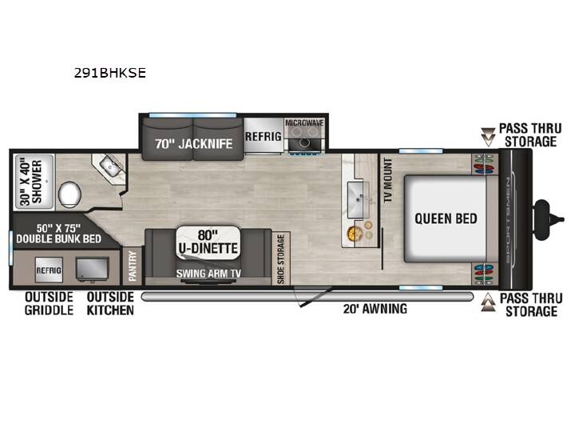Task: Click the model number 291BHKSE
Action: pyautogui.click(x=110, y=73)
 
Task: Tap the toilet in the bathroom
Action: pyautogui.click(x=69, y=194)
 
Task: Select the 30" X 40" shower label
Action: pyautogui.click(x=31, y=182)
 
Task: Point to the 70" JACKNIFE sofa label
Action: pyautogui.click(x=193, y=144)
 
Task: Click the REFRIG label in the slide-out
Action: pyautogui.click(x=264, y=136)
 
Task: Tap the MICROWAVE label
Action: pyautogui.click(x=305, y=122)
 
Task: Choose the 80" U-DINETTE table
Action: pyautogui.click(x=208, y=243)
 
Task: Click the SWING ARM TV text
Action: pyautogui.click(x=208, y=274)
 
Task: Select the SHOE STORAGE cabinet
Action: pyautogui.click(x=281, y=258)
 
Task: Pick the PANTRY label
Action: pyautogui.click(x=133, y=266)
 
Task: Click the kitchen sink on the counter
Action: pyautogui.click(x=358, y=200)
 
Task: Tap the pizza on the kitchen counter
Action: pyautogui.click(x=355, y=233)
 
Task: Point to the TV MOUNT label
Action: pyautogui.click(x=388, y=180)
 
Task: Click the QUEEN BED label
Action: pyautogui.click(x=446, y=218)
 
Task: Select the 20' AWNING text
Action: pyautogui.click(x=375, y=309)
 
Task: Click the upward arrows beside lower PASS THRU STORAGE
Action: pyautogui.click(x=488, y=302)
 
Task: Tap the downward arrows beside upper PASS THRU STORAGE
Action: pyautogui.click(x=488, y=138)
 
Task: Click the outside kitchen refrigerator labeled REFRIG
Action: pyautogui.click(x=49, y=270)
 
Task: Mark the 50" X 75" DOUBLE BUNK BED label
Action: pyautogui.click(x=58, y=234)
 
